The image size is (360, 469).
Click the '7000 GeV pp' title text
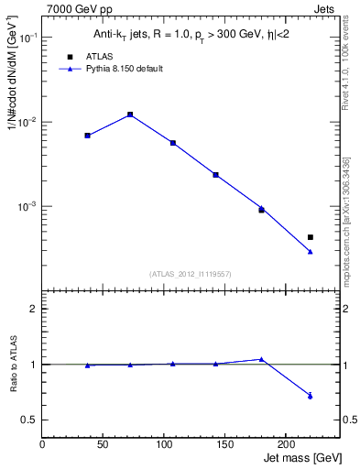(80, 8)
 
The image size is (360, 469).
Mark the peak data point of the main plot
(130, 115)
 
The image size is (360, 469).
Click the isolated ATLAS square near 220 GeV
(311, 237)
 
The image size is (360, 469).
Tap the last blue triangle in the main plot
(311, 251)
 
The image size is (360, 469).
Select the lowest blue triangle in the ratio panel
(311, 396)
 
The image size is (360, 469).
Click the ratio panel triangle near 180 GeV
(261, 359)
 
